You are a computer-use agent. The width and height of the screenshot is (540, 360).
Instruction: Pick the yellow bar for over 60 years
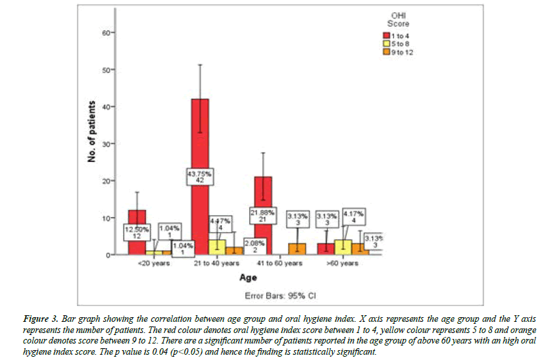pyautogui.click(x=342, y=247)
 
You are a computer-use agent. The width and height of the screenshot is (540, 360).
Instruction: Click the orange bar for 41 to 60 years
pyautogui.click(x=297, y=249)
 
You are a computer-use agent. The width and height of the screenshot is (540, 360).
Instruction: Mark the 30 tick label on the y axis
pyautogui.click(x=107, y=143)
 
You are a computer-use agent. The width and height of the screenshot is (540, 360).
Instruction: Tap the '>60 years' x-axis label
pyautogui.click(x=343, y=263)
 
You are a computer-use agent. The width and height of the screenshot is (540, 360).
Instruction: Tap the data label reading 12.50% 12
pyautogui.click(x=136, y=232)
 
